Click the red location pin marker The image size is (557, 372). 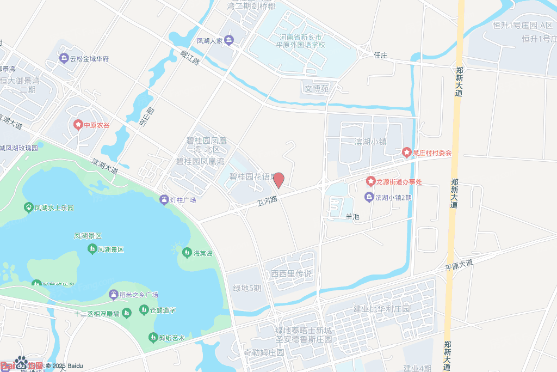click(x=278, y=179)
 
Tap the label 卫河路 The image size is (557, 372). click(x=267, y=200)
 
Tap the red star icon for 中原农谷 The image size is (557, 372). click(x=78, y=125)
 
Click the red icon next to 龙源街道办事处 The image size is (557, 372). click(x=370, y=181)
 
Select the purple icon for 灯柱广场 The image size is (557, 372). click(x=164, y=200)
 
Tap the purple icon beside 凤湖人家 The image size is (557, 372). click(x=229, y=40)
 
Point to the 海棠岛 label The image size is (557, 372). click(x=202, y=253)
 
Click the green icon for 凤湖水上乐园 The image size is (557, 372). click(x=28, y=208)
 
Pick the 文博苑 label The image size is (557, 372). click(x=317, y=88)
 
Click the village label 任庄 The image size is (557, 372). click(x=380, y=55)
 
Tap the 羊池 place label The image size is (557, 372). click(x=352, y=216)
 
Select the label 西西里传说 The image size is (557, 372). click(x=288, y=273)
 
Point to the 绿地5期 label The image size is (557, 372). click(x=247, y=288)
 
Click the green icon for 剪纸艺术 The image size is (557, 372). click(x=153, y=338)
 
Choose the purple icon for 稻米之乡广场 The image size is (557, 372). click(x=113, y=295)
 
